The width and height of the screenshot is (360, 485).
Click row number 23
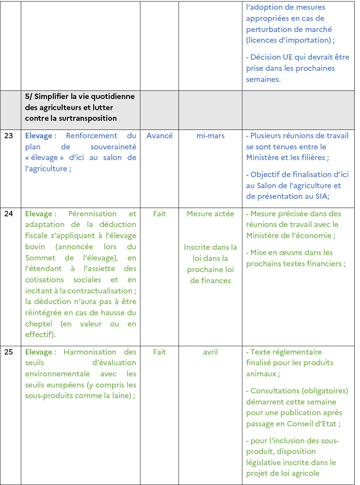coord(9,136)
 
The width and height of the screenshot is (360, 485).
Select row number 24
coord(9,213)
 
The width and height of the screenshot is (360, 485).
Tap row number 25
coord(9,352)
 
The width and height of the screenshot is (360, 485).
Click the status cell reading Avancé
coord(159,136)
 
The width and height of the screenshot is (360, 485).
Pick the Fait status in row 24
coord(159,213)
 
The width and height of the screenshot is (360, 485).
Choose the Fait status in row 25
coord(159,352)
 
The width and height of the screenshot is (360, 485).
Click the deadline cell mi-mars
coord(210,136)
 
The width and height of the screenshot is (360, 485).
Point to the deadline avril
coord(210,352)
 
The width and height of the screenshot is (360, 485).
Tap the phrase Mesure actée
coord(210,213)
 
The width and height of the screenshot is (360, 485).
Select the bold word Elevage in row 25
coord(39,352)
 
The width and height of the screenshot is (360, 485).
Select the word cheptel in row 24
coord(39,323)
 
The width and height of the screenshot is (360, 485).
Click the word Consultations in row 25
coord(275,390)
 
